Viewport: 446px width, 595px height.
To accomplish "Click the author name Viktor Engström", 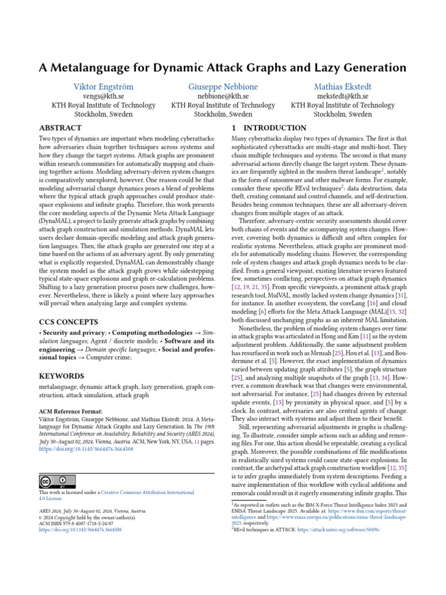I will pyautogui.click(x=103, y=87).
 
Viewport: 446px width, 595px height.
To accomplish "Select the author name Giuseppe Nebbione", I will pyautogui.click(x=223, y=87).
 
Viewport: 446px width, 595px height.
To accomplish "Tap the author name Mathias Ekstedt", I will pyautogui.click(x=343, y=87).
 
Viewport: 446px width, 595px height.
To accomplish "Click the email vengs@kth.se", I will pyautogui.click(x=103, y=96).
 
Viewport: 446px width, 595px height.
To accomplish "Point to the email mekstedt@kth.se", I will pyautogui.click(x=343, y=96).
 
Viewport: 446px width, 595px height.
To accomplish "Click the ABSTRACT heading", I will pyautogui.click(x=60, y=128).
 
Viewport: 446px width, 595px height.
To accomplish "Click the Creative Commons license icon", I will pyautogui.click(x=57, y=481).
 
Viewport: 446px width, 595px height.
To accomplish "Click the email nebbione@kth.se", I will pyautogui.click(x=223, y=96).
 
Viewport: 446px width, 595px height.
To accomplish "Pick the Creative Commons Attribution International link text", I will pyautogui.click(x=148, y=492).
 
